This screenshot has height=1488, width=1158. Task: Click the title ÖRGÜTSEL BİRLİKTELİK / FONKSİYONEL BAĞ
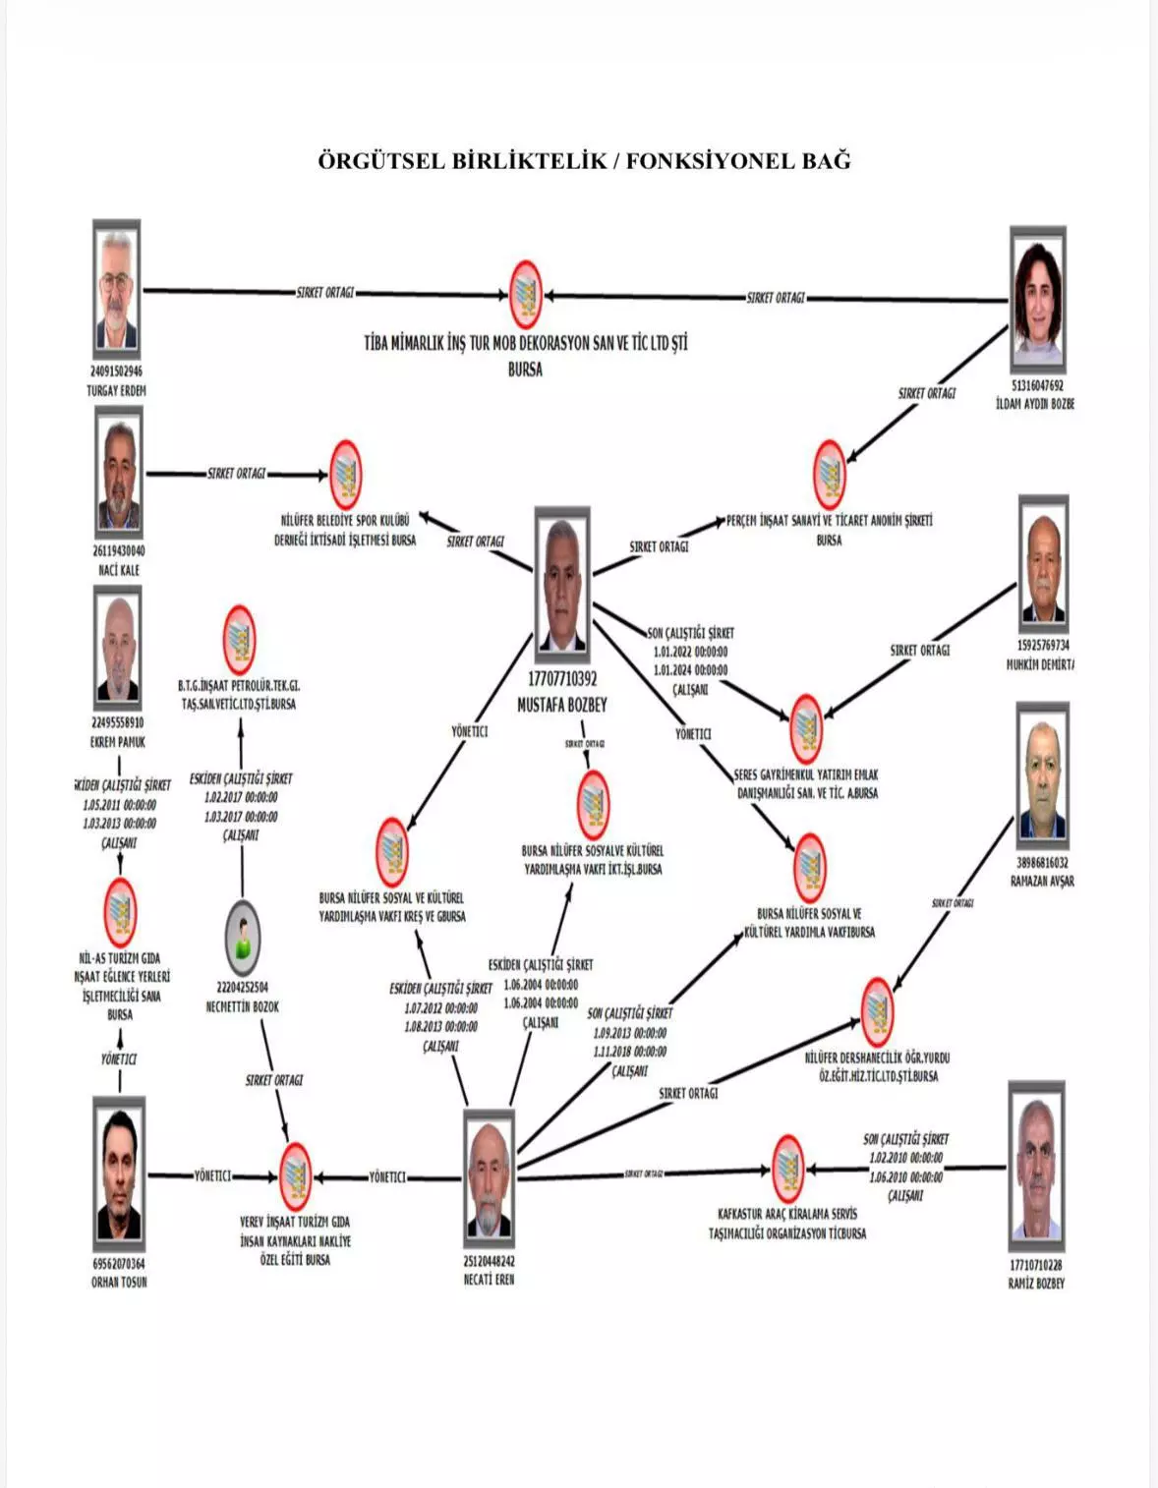click(584, 161)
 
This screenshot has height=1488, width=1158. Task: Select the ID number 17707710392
click(561, 679)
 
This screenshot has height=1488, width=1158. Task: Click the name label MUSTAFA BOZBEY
click(561, 705)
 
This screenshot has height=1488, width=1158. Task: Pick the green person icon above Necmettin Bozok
click(242, 937)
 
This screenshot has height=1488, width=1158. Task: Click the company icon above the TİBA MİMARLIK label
click(526, 294)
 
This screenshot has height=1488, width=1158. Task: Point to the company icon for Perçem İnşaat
click(830, 474)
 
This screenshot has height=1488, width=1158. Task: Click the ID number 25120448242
click(490, 1261)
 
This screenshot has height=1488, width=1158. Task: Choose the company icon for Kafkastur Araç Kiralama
click(786, 1168)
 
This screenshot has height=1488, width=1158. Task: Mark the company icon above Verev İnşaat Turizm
click(294, 1175)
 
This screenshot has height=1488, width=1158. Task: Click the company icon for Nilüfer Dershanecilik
click(877, 1011)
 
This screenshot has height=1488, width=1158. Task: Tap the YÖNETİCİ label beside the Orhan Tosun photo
click(212, 1175)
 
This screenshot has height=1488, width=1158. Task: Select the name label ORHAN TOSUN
click(119, 1282)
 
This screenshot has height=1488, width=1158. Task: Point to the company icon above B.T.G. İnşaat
click(239, 640)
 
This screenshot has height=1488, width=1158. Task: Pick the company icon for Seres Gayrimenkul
click(806, 728)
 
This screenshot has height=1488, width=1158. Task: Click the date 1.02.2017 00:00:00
click(241, 798)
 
